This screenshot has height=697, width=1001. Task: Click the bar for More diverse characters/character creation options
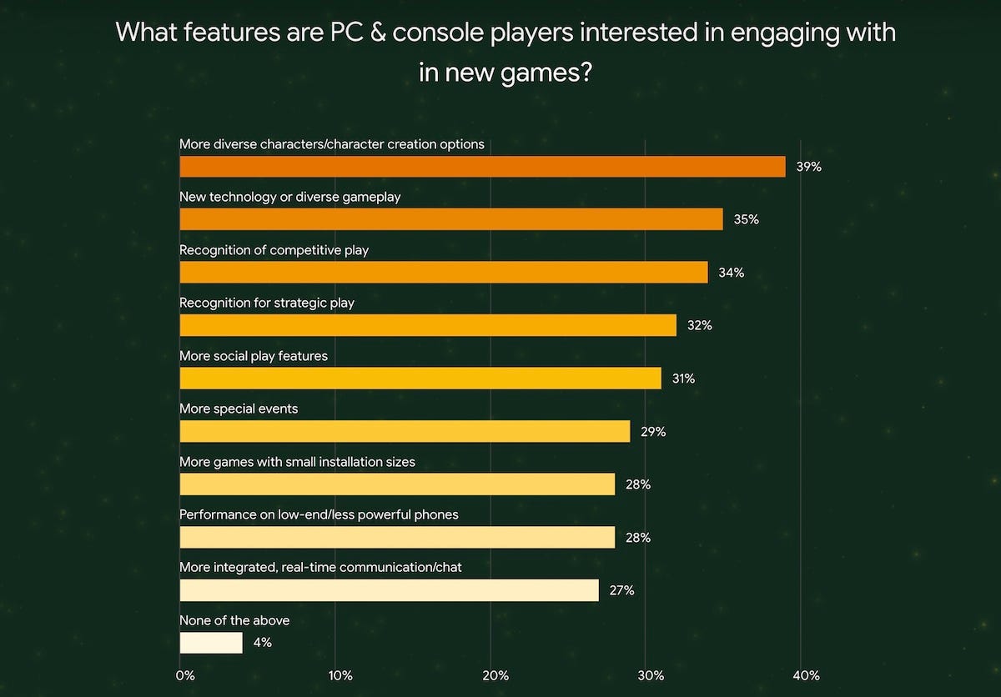[x=482, y=166]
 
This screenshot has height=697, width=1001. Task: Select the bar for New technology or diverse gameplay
[x=451, y=219]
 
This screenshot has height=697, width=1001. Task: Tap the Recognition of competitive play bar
[x=444, y=273]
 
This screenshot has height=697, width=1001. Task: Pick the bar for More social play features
[x=420, y=379]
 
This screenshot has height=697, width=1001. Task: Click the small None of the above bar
[x=211, y=643]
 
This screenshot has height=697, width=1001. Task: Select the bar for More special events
[x=405, y=431]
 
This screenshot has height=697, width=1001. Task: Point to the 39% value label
[x=808, y=167]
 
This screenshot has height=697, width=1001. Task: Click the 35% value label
[x=746, y=220]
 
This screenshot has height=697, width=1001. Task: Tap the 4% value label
[x=263, y=643]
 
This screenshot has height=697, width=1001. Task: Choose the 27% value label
[x=621, y=590]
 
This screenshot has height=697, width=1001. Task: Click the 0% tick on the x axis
[x=185, y=675]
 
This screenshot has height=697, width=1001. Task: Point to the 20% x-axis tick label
[x=495, y=675]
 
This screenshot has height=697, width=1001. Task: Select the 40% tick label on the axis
[x=806, y=675]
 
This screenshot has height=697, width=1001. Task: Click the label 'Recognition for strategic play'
[x=267, y=303]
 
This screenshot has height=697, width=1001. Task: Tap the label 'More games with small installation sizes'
[x=297, y=461]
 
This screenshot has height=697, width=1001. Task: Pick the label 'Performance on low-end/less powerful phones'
[x=319, y=514]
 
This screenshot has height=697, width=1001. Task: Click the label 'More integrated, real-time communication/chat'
[x=320, y=567]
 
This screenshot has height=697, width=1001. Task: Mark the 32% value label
[x=699, y=326]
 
